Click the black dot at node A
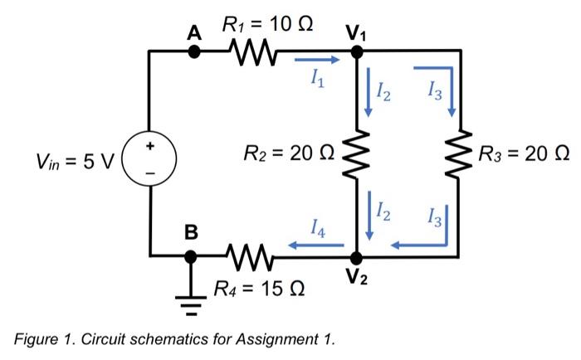[x=194, y=51]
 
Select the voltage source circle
[x=150, y=155]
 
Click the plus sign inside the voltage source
[x=150, y=144]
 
